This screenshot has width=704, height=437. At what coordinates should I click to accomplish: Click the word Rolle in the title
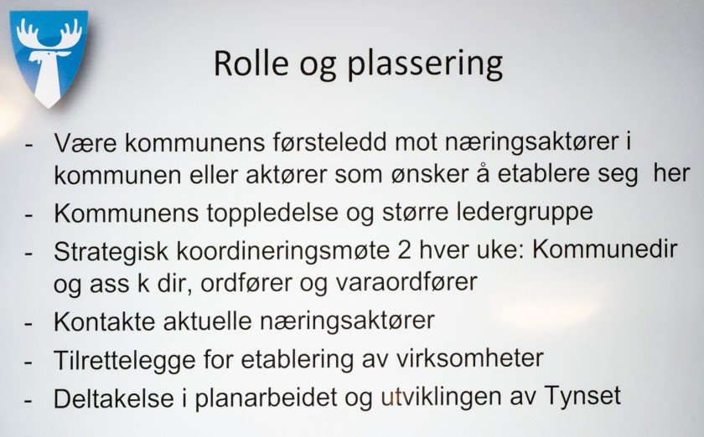pyautogui.click(x=251, y=64)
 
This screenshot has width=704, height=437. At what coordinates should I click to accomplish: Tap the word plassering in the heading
pyautogui.click(x=427, y=66)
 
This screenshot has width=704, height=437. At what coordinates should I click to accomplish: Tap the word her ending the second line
pyautogui.click(x=670, y=173)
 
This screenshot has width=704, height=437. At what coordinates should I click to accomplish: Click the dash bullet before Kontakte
pyautogui.click(x=31, y=322)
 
